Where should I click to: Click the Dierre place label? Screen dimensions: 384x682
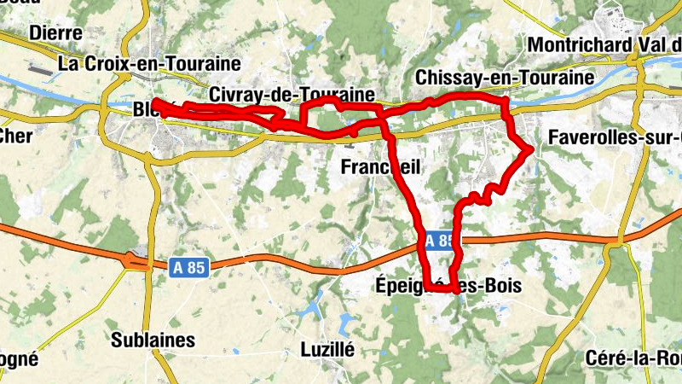55,32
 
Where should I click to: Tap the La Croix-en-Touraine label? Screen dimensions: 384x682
149,63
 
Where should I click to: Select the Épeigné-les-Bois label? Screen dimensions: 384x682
448,285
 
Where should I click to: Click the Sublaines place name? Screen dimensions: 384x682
153,340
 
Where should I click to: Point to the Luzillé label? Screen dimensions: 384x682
327,348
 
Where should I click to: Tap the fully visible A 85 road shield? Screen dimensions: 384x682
188,267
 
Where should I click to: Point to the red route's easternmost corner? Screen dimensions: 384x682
531,150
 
